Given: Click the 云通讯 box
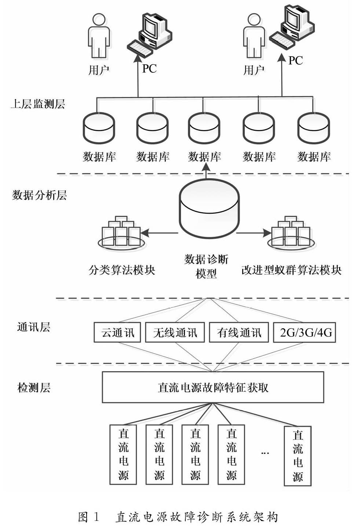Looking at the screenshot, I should coord(117,332).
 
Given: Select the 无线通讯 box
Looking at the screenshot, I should coord(175,332).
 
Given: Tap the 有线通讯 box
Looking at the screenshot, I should coord(239,332).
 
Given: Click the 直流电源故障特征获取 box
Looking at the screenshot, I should coord(213,387).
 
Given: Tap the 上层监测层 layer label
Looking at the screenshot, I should coord(38,104).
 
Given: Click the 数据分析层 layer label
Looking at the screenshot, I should coord(39,195).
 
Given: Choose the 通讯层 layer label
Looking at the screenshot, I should coord(33,327).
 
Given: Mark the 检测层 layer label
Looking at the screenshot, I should coord(33,387).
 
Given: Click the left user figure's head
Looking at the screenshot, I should coord(98,19).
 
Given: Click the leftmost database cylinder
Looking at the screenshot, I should coord(99,129).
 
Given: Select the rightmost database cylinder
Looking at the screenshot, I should coord(314,129).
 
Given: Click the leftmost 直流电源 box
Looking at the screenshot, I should coord(123,454).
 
